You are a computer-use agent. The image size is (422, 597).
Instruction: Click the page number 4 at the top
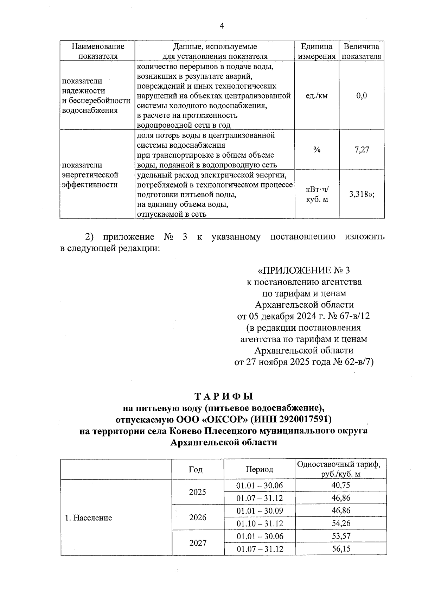tap(222, 26)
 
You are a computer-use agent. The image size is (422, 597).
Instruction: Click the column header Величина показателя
tap(362, 51)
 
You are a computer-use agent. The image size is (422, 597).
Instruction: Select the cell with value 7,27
tap(362, 150)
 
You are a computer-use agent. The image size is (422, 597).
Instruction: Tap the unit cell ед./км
tap(317, 96)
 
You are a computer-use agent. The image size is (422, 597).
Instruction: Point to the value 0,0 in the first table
tap(362, 96)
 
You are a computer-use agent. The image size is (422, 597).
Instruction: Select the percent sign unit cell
tap(317, 150)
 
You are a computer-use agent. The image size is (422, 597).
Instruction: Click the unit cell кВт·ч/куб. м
tap(317, 194)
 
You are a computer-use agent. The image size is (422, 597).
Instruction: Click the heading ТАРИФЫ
tap(224, 396)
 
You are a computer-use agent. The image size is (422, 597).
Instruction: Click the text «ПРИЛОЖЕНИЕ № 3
tap(304, 270)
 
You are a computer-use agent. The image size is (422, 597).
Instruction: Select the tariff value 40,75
tap(341, 485)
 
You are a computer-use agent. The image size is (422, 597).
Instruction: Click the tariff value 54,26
tap(341, 523)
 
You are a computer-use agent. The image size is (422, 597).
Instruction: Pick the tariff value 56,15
tap(341, 548)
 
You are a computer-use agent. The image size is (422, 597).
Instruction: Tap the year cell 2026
tap(198, 517)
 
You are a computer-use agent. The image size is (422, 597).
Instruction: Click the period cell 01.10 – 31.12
tap(260, 523)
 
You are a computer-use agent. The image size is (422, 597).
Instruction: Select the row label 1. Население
tap(88, 517)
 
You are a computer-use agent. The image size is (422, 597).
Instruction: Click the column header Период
tap(259, 469)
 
